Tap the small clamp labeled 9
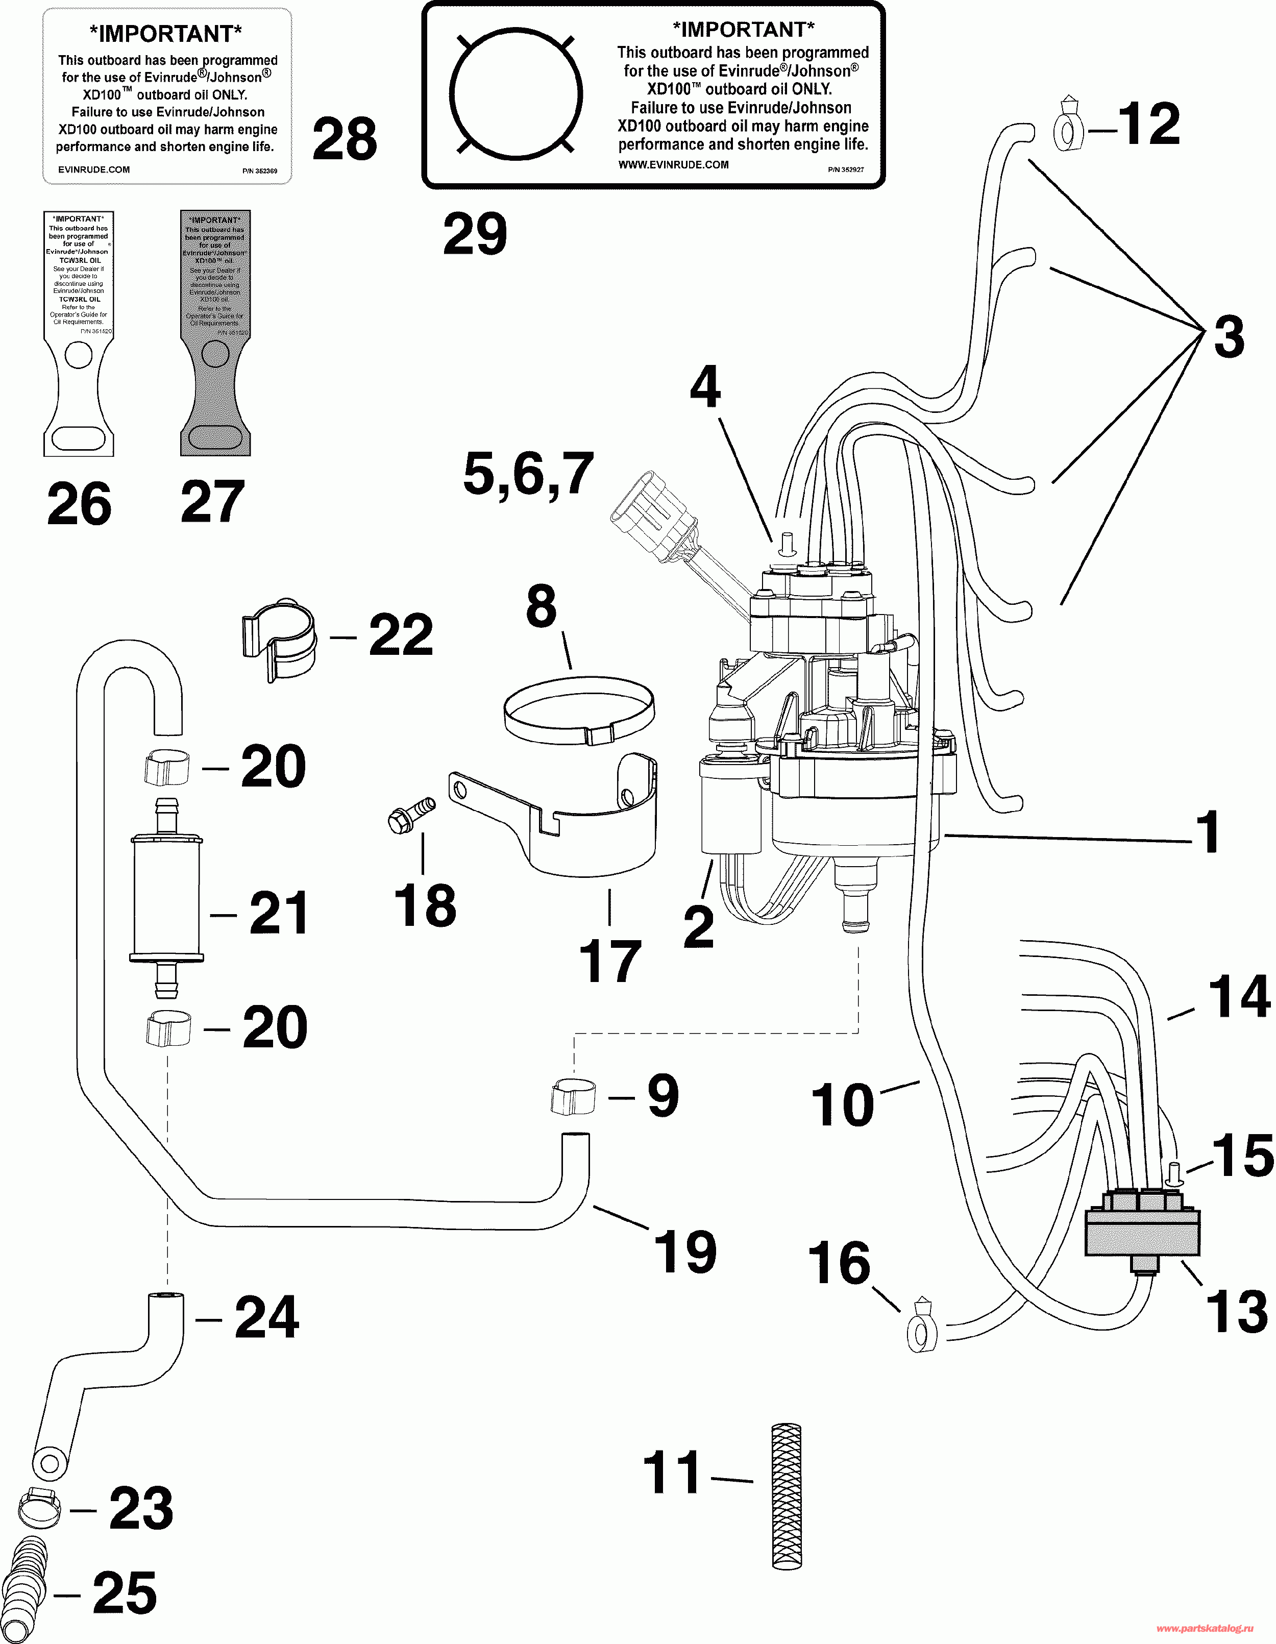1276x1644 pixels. coord(573,1097)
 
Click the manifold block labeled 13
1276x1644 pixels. coord(1141,1232)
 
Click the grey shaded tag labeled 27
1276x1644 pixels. coord(215,333)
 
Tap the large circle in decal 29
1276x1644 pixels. coord(516,94)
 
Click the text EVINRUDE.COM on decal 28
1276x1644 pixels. coord(93,170)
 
